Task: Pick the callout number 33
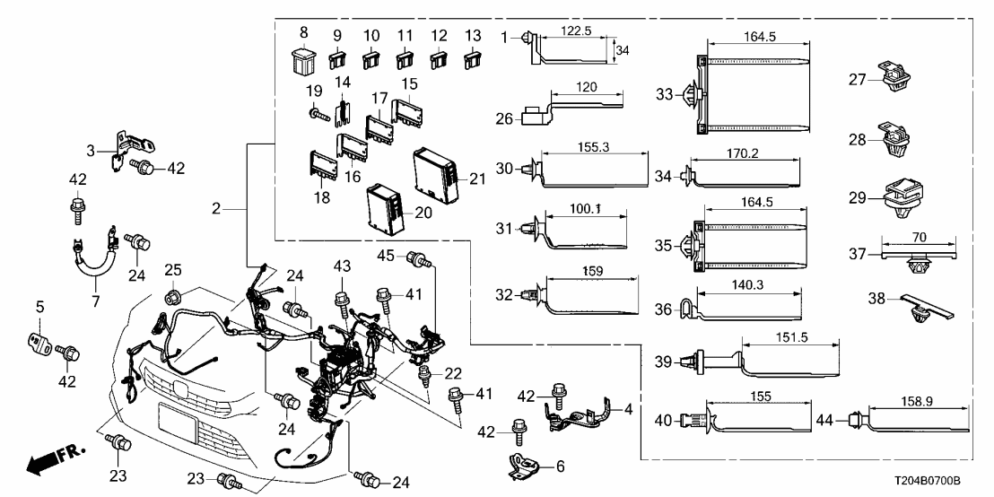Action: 665,93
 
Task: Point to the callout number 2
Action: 216,208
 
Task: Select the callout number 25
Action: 172,271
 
